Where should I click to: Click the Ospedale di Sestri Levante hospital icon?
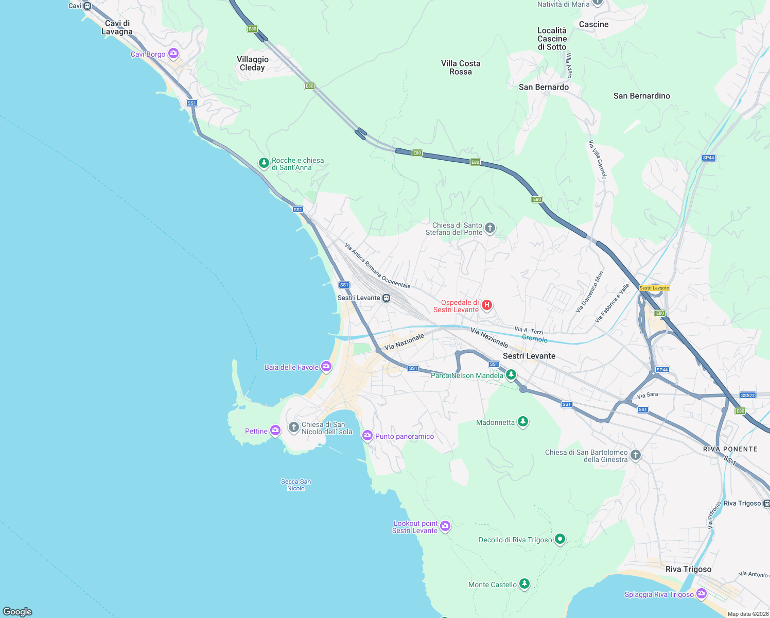tap(486, 305)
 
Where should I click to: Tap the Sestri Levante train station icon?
tap(386, 298)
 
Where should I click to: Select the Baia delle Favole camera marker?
tap(326, 367)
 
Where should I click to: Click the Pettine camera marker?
tap(275, 431)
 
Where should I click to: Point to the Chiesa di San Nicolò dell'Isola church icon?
tap(293, 427)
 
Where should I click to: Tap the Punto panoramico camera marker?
tap(367, 436)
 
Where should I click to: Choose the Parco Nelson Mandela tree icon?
tap(511, 375)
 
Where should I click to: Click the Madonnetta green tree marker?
tap(522, 422)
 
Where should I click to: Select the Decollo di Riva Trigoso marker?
tap(560, 539)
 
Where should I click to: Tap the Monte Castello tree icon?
tap(524, 584)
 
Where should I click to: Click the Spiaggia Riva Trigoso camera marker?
tap(701, 594)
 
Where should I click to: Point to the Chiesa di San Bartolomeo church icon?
tap(636, 455)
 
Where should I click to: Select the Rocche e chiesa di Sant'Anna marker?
tap(264, 163)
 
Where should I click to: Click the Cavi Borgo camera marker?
tap(173, 54)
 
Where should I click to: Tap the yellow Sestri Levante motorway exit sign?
tap(654, 288)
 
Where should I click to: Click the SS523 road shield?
tap(747, 396)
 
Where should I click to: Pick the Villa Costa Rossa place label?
tap(461, 67)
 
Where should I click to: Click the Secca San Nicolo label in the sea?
tap(296, 485)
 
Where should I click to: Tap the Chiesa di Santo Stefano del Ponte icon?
tap(490, 228)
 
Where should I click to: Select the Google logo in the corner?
tap(17, 611)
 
